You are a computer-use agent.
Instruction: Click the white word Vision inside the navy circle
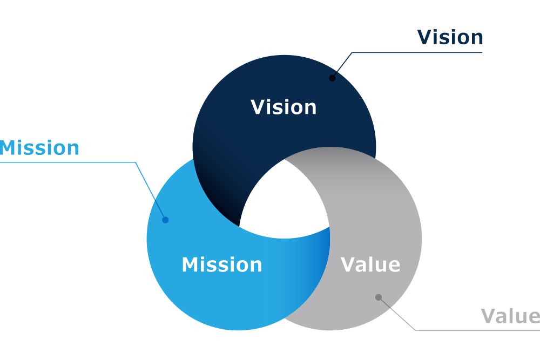[x=283, y=107]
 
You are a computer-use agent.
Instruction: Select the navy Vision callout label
[x=450, y=37]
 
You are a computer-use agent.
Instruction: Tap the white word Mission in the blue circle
[x=221, y=264]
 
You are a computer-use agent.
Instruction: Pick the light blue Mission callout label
[x=39, y=147]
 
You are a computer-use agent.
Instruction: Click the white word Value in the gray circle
[x=370, y=264]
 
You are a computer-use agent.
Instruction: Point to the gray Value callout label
[x=510, y=316]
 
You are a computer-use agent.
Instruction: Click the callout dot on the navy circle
[x=332, y=78]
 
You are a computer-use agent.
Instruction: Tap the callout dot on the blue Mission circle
[x=165, y=220]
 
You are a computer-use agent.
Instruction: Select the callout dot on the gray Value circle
[x=379, y=297]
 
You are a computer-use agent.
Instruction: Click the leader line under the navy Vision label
[x=416, y=52]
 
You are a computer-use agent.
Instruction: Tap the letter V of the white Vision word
[x=258, y=107]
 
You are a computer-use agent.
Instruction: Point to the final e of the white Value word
[x=394, y=266]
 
